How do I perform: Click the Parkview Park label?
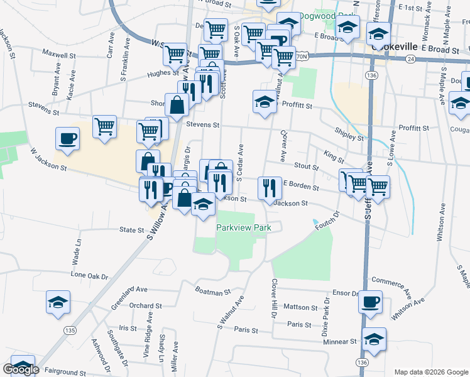pos(243,227)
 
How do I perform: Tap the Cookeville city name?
pos(395,46)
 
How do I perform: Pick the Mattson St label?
pos(300,307)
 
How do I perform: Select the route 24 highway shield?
pos(410,58)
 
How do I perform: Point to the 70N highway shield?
pos(302,56)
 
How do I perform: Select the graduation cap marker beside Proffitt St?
pos(265,101)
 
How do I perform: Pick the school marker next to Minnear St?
pos(374,339)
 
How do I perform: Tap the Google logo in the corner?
pos(21,369)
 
